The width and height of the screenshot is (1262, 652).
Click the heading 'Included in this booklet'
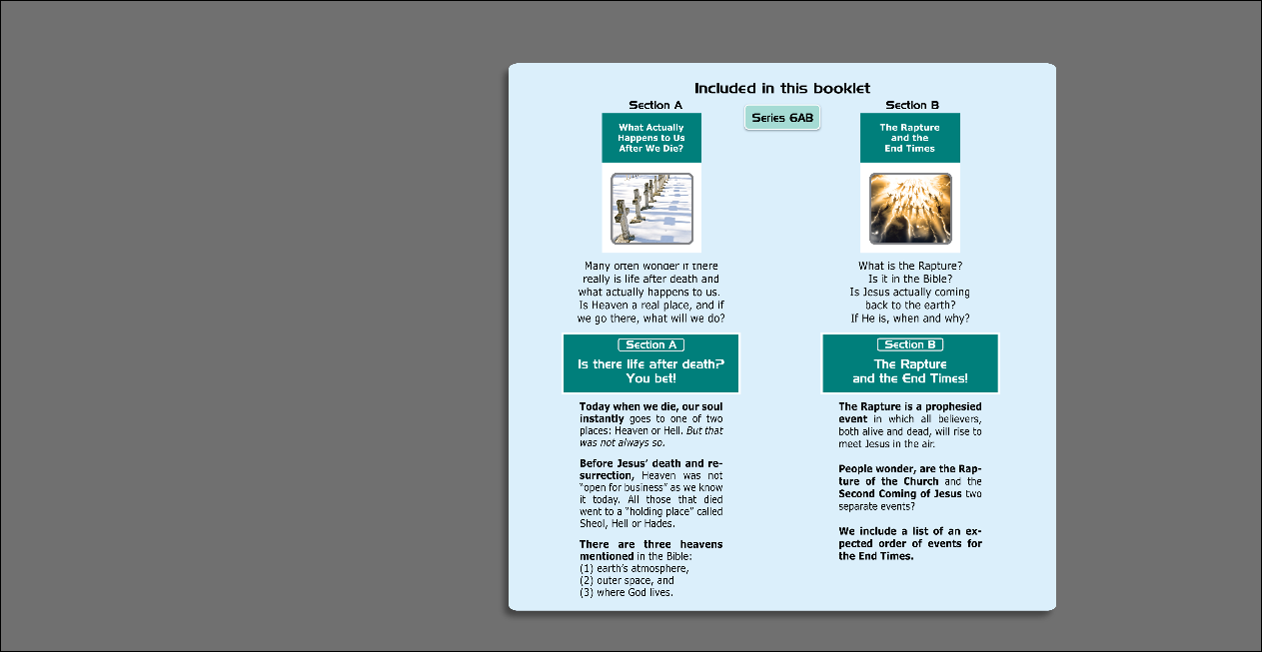coord(782,89)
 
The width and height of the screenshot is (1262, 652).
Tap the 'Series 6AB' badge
coord(782,118)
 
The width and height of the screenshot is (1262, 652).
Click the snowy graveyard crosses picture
coord(651,209)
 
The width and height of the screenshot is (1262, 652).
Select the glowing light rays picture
coord(910,209)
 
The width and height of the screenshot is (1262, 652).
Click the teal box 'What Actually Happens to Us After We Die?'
coord(651,138)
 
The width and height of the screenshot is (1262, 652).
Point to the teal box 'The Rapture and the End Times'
coord(909,138)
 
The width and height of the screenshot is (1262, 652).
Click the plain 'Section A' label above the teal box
coord(655,105)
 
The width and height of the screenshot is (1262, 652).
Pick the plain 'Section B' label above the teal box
coord(912,105)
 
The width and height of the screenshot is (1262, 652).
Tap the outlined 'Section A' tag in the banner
coord(650,344)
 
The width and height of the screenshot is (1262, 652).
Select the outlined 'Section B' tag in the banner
coord(910,344)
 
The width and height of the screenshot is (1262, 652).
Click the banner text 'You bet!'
coord(651,378)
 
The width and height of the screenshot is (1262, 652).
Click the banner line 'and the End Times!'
coord(910,378)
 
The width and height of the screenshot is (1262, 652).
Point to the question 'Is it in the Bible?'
coord(910,280)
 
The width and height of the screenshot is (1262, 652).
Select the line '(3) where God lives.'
coord(627,592)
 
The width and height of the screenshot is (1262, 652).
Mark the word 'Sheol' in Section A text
coord(593,523)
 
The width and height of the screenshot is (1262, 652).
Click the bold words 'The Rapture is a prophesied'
coord(910,406)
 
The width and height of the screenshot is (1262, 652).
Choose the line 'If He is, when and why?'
coord(910,319)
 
